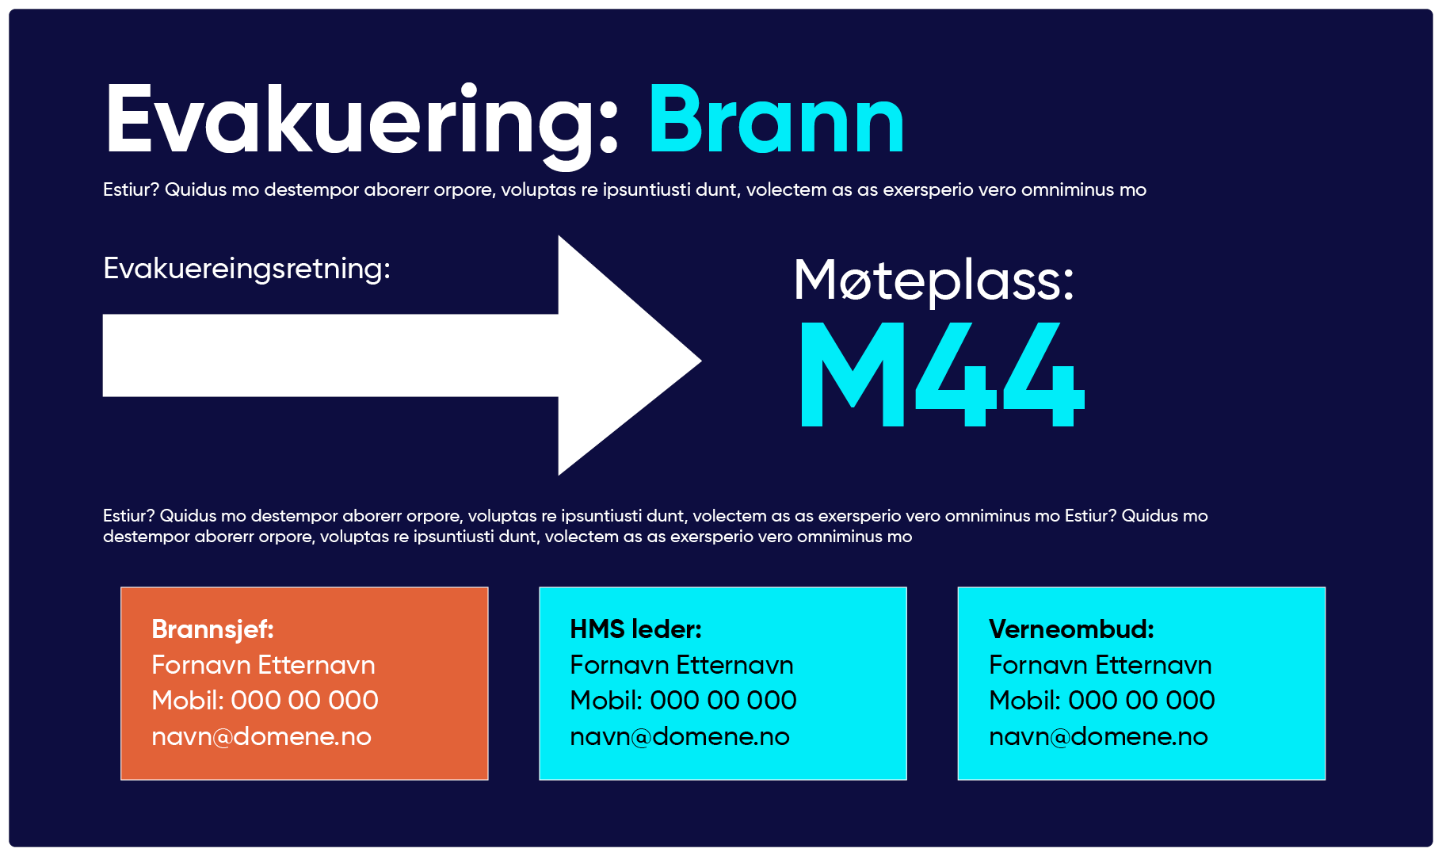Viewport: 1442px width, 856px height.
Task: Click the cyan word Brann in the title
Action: point(776,120)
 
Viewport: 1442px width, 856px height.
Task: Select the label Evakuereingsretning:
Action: point(246,269)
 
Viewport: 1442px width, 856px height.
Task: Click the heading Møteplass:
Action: point(933,281)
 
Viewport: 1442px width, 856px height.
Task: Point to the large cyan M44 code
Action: point(941,374)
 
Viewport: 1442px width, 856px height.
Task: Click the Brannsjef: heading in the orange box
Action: point(212,629)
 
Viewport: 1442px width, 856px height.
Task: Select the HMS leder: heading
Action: point(635,629)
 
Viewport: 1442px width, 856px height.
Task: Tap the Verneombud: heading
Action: point(1071,629)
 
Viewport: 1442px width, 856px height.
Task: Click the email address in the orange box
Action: point(261,737)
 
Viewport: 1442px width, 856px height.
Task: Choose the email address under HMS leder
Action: point(680,737)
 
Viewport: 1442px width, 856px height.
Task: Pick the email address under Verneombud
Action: point(1098,737)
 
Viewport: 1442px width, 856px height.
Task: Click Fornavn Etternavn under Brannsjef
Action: point(263,665)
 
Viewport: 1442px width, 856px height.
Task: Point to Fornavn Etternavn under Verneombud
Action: point(1100,665)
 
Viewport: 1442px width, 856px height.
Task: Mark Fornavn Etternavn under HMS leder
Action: point(681,665)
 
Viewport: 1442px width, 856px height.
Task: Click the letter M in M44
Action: point(853,374)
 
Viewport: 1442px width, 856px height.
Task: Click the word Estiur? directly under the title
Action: point(131,190)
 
